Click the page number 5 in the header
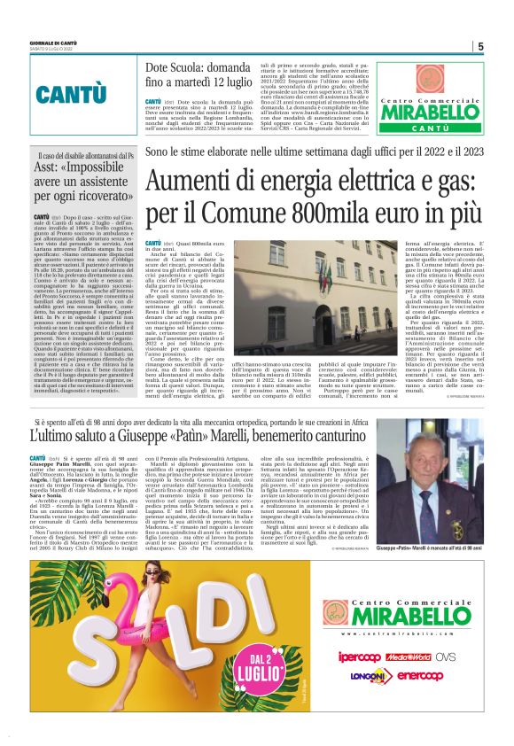[479, 47]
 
